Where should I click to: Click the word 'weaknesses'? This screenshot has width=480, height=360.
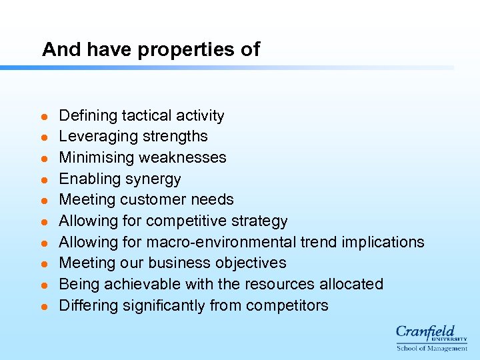(189, 158)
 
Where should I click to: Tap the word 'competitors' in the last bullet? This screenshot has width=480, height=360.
(287, 306)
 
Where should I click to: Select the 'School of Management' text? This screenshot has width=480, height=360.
(432, 348)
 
